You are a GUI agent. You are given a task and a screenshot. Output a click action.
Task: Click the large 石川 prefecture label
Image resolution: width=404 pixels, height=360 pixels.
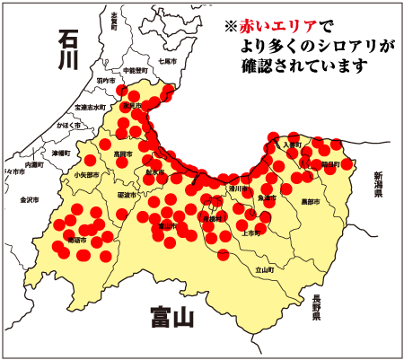pos(68,49)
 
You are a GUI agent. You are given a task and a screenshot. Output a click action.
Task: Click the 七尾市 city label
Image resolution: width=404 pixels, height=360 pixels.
pos(167,61)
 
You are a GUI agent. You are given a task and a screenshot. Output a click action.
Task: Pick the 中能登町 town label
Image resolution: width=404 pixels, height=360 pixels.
pos(135,69)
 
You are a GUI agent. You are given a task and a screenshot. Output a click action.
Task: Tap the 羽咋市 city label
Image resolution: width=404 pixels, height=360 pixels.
pos(106,81)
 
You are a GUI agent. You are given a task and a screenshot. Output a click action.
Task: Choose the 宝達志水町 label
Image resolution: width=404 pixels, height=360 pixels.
pos(90,107)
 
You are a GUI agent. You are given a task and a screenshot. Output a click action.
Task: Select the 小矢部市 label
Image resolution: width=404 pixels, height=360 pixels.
pos(87,175)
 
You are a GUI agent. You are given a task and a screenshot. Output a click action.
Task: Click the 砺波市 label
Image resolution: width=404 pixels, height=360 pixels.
pos(127,195)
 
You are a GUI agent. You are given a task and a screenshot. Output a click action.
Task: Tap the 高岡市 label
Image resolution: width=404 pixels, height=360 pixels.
pos(123,154)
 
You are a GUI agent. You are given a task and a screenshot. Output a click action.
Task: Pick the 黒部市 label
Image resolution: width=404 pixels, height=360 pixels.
pos(311,201)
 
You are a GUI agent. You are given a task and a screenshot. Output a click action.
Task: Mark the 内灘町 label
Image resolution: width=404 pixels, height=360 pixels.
pos(35,166)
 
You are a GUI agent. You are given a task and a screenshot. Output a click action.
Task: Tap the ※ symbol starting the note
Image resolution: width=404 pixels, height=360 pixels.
pos(230,26)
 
